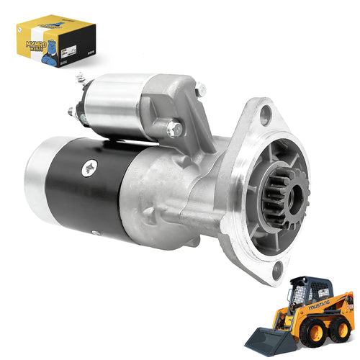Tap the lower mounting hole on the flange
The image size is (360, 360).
coord(278,270)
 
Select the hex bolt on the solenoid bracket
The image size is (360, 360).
coord(174,130)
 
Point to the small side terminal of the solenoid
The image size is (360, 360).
coord(73,112)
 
